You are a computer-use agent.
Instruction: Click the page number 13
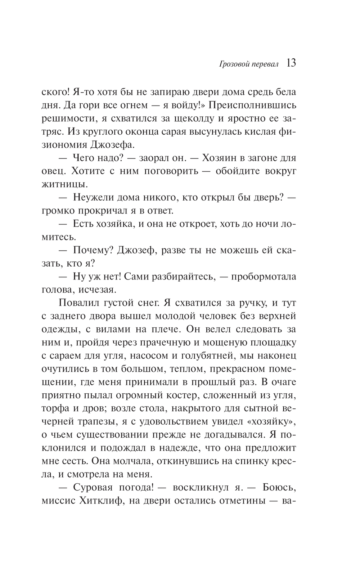(x=291, y=63)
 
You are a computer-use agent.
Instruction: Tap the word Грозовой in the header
(x=226, y=65)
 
